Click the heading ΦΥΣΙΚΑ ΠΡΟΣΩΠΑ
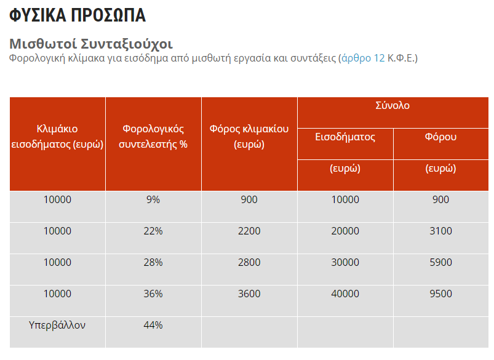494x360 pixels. pos(78,15)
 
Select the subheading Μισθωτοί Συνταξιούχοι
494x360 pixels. pos(91,44)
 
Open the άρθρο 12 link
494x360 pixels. pos(363,58)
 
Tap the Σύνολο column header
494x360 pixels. pos(392,105)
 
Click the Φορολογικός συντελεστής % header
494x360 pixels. pos(153,137)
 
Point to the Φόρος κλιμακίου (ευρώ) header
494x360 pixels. pos(249,137)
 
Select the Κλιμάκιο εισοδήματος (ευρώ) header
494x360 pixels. pos(57,137)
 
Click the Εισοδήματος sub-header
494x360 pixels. pos(345,137)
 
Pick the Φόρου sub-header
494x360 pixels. pos(440,137)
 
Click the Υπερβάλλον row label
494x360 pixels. pos(57,326)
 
